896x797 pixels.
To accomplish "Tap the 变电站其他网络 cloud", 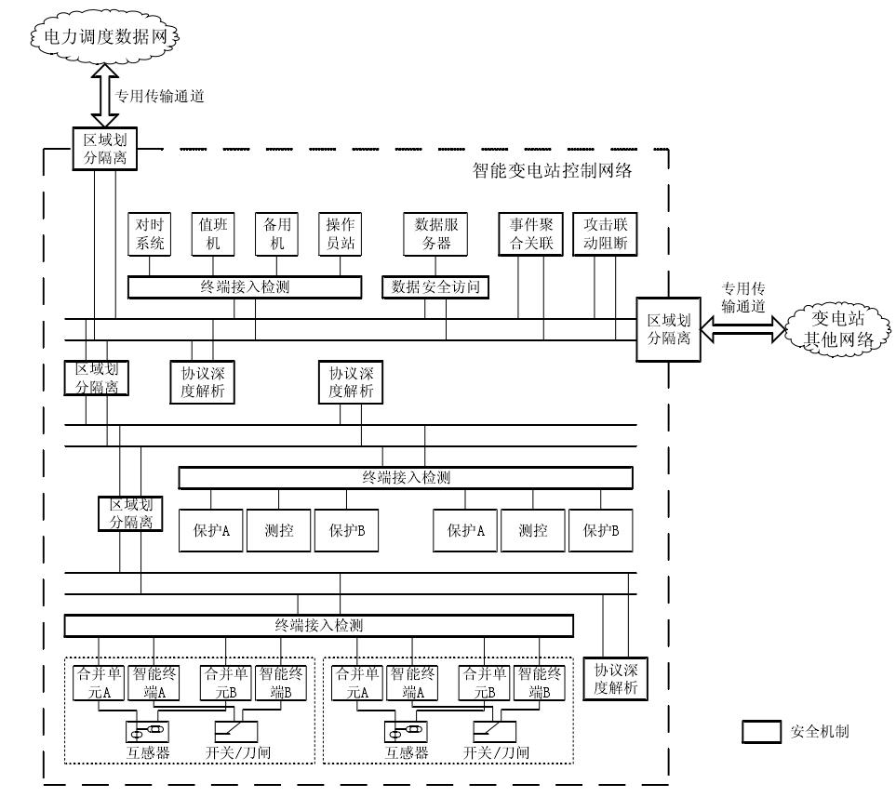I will (x=837, y=329).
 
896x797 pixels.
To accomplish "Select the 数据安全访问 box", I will (x=436, y=287).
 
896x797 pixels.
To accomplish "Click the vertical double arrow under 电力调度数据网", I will (x=103, y=93).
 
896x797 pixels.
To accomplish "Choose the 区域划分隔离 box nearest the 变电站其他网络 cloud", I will (x=668, y=330).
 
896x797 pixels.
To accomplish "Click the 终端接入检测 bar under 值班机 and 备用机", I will (x=244, y=287).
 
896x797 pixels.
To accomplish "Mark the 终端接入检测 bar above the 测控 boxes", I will (x=406, y=478).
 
